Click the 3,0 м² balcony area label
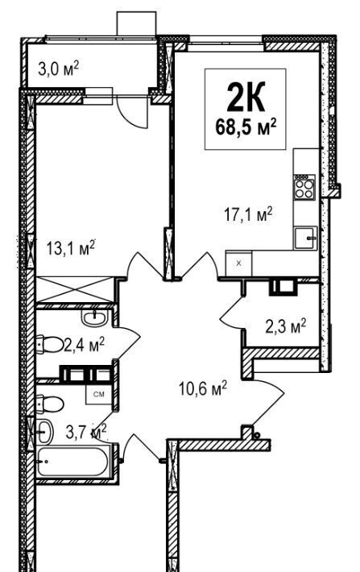tap(58, 68)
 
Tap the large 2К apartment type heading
tap(246, 97)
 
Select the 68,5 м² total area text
tap(246, 127)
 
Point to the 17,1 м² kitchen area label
tap(248, 214)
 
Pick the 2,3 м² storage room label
tap(285, 326)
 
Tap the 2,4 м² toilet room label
tap(85, 344)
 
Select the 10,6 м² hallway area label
tap(202, 388)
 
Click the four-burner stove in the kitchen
tap(304, 186)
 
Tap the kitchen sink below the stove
tap(306, 238)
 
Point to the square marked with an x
tap(239, 263)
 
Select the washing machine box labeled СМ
tap(98, 394)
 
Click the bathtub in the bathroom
tap(72, 462)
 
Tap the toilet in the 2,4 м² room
tap(50, 344)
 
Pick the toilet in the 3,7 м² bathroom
tap(50, 404)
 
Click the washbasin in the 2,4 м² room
tap(95, 318)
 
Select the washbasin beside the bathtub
tap(45, 431)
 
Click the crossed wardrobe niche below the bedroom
tap(75, 290)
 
